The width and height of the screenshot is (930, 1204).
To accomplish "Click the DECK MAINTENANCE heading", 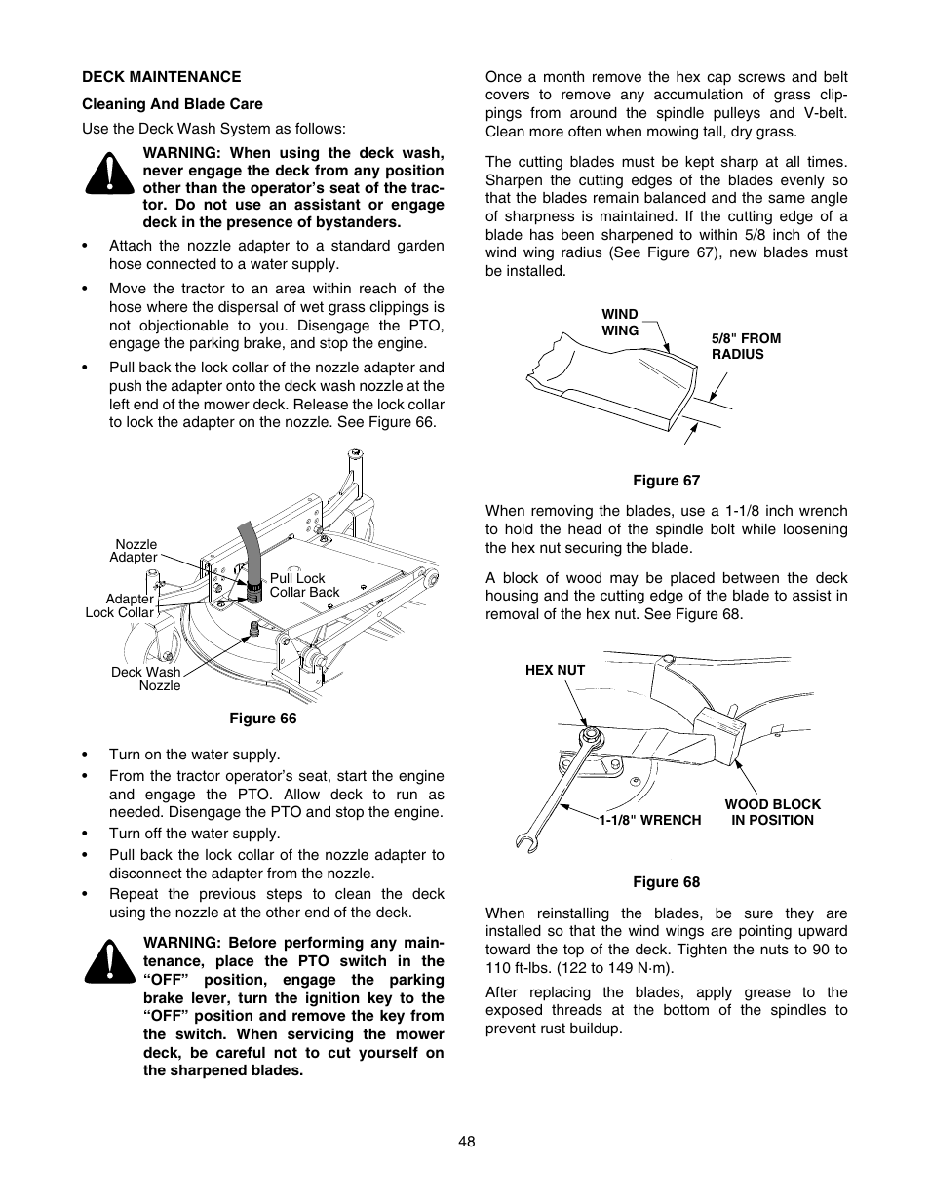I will coord(161,76).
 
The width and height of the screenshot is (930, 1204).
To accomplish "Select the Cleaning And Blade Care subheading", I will coord(172,103).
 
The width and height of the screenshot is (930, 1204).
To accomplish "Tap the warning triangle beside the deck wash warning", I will coord(110,175).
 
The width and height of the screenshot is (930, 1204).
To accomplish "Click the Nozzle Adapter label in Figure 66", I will coord(135,551).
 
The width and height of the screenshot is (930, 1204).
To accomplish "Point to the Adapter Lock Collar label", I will coord(120,605).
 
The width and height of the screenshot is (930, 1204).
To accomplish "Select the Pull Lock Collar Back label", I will coord(304,585).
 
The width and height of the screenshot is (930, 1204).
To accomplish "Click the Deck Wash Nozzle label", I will coord(146,679).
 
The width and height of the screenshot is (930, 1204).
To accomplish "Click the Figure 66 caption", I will coord(262,719).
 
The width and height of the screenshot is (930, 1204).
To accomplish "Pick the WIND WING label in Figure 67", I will coord(620,323).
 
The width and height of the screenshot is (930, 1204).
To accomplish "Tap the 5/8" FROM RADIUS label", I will coord(746,346).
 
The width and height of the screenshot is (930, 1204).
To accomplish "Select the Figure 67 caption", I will coord(666,480).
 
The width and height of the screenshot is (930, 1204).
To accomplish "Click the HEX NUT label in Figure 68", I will coord(555,670).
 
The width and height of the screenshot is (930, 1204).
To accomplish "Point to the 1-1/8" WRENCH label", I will coord(649,820).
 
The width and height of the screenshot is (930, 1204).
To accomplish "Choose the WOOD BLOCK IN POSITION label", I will coord(772,812).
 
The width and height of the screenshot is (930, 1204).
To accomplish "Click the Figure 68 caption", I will coord(666,882).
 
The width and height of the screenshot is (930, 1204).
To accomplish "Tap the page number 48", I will coord(465,1143).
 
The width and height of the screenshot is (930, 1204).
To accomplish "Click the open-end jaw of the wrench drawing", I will coord(524,838).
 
